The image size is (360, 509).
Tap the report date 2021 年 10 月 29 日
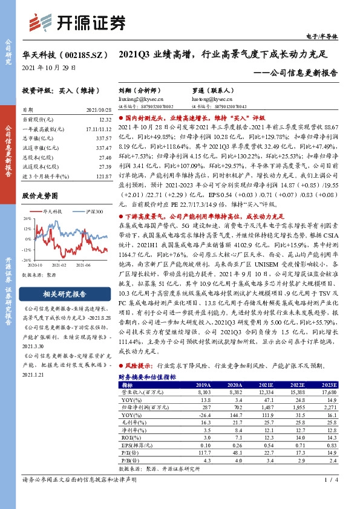tap(49, 66)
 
